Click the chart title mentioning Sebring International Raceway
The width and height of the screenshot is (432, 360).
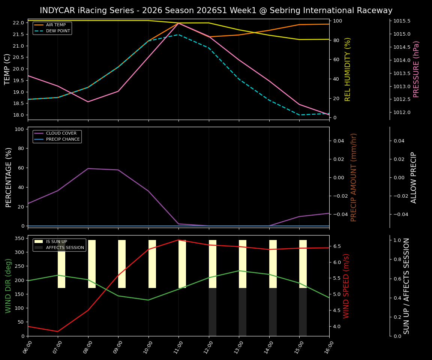(x=216, y=10)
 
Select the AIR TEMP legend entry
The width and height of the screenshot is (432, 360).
(x=55, y=25)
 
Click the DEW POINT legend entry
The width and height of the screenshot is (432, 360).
(x=58, y=31)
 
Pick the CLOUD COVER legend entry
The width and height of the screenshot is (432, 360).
(x=61, y=133)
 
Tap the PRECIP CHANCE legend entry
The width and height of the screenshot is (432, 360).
(x=63, y=139)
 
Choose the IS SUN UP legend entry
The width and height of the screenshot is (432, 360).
(x=56, y=241)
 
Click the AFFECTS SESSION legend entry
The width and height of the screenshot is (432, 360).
(x=65, y=247)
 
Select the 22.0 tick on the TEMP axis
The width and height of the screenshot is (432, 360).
(x=18, y=23)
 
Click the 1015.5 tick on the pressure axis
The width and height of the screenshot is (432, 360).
(x=402, y=21)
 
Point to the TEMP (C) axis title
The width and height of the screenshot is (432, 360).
(x=7, y=69)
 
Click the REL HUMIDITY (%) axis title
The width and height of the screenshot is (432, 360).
(x=348, y=69)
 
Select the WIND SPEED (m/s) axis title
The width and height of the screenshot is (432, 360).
(x=346, y=286)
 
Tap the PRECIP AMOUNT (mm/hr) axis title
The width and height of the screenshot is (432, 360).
(x=354, y=177)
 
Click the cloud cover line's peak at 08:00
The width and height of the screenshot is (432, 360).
(x=88, y=168)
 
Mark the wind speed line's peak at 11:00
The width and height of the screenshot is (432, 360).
(x=178, y=240)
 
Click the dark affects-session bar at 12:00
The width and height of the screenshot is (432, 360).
(x=213, y=312)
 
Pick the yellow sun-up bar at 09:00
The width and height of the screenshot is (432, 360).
(x=122, y=264)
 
